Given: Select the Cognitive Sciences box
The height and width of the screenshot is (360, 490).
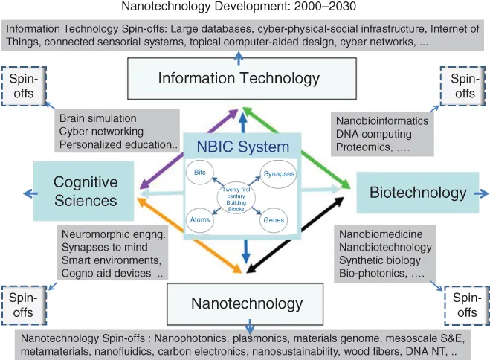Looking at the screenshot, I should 86,191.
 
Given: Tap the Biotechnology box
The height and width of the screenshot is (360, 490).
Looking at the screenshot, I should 417,193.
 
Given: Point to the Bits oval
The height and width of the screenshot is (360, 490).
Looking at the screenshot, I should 200,173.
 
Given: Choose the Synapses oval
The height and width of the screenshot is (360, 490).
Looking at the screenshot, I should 278,174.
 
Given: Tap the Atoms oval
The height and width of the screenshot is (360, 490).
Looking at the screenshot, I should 199,220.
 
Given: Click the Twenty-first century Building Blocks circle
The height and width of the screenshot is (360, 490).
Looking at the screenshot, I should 237,196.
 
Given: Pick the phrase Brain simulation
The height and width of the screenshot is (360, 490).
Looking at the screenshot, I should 98,118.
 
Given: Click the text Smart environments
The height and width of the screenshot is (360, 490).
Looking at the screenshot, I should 111,260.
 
